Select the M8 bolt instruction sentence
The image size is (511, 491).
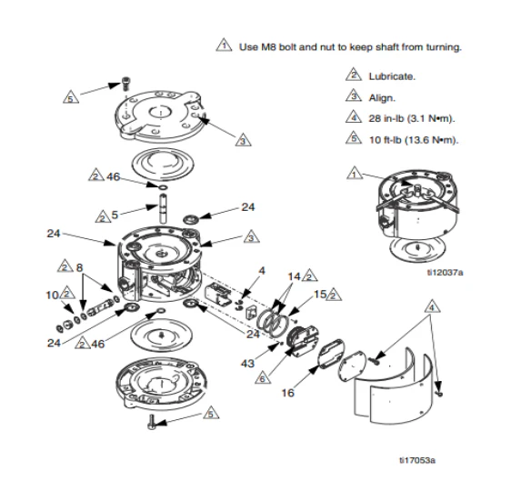point(350,48)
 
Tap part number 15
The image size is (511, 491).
point(318,294)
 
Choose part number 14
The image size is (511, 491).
point(293,275)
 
